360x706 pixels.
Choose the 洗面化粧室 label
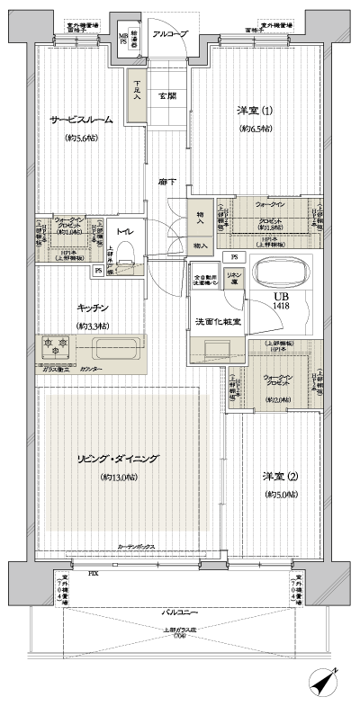[x=214, y=320]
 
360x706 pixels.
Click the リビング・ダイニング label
[x=121, y=459]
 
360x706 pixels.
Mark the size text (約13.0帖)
[x=121, y=476]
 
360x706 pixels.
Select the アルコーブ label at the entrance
[x=168, y=33]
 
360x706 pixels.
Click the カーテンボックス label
[x=139, y=547]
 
